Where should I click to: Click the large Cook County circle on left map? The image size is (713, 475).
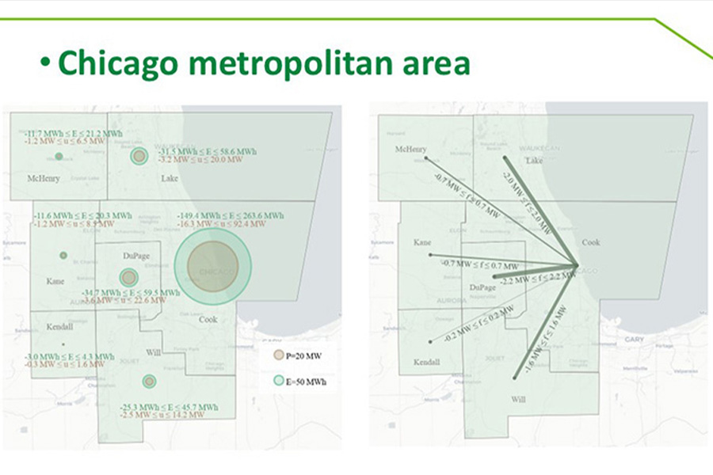[212, 266]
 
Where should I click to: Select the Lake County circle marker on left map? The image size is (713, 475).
[139, 156]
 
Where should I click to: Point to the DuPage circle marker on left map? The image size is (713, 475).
[128, 277]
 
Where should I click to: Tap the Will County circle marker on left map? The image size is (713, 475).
[149, 382]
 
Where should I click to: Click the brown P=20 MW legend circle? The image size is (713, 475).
[278, 355]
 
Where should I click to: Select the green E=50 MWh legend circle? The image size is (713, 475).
[278, 382]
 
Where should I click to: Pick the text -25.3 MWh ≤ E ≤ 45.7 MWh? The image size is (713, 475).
[169, 407]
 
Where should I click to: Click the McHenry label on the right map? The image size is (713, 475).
[410, 150]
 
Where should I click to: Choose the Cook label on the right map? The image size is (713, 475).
[591, 243]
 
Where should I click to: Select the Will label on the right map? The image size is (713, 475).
[519, 400]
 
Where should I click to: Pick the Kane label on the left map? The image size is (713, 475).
[55, 281]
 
